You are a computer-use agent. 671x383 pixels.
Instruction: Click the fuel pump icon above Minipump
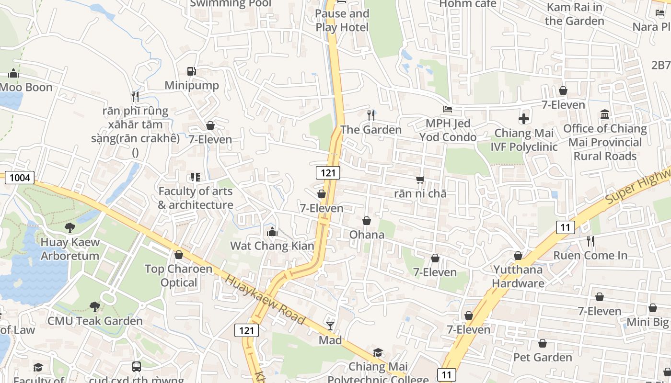pyautogui.click(x=191, y=71)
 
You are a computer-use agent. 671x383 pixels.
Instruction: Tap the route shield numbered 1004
pyautogui.click(x=20, y=178)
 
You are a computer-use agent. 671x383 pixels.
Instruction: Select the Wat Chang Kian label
pyautogui.click(x=272, y=246)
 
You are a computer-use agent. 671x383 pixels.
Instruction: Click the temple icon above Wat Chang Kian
pyautogui.click(x=272, y=232)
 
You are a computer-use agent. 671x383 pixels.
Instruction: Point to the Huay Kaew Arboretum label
pyautogui.click(x=70, y=248)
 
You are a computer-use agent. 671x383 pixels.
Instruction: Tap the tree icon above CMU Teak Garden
pyautogui.click(x=95, y=306)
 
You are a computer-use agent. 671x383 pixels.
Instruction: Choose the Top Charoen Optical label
pyautogui.click(x=179, y=275)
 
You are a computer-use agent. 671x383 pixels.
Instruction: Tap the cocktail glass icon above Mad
pyautogui.click(x=330, y=326)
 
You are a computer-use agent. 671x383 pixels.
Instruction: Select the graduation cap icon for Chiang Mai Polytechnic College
pyautogui.click(x=378, y=353)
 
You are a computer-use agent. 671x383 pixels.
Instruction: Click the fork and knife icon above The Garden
pyautogui.click(x=370, y=115)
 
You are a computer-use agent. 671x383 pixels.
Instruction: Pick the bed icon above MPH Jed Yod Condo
pyautogui.click(x=448, y=109)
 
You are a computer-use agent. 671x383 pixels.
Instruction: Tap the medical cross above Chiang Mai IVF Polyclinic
pyautogui.click(x=524, y=118)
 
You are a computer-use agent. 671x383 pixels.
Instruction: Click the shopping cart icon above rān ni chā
pyautogui.click(x=420, y=180)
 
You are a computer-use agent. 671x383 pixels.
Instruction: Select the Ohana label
pyautogui.click(x=367, y=235)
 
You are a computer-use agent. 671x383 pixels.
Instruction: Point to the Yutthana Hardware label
pyautogui.click(x=518, y=276)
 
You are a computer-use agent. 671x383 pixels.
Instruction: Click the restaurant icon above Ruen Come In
pyautogui.click(x=590, y=241)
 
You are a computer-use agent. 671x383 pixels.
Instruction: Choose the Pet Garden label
pyautogui.click(x=543, y=357)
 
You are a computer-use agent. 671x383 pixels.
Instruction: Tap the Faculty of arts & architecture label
pyautogui.click(x=196, y=198)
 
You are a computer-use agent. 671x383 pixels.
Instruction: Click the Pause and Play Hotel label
pyautogui.click(x=342, y=21)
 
